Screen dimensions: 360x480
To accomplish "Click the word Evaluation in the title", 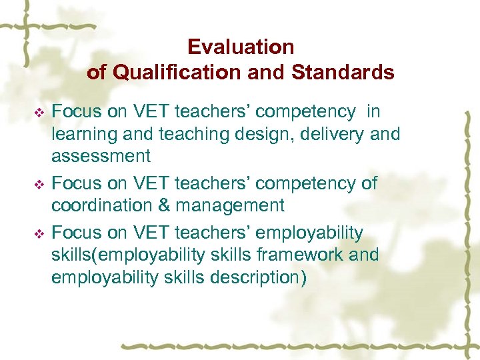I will (x=241, y=47).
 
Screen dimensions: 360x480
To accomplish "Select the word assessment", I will (x=101, y=157).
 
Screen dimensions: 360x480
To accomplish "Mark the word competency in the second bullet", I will (x=299, y=183).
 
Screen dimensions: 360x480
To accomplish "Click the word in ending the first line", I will (x=373, y=111).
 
